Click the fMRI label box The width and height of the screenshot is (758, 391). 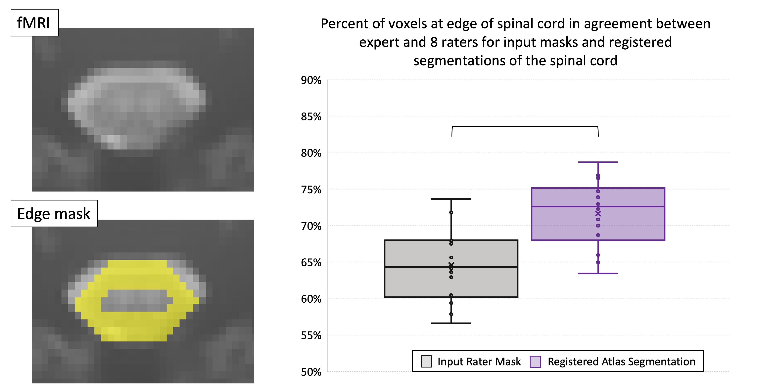34,23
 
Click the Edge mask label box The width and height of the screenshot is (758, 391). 54,214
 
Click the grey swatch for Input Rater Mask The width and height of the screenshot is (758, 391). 426,361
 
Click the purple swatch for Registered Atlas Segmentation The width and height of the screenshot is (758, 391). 535,362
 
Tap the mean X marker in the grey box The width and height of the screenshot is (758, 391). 451,265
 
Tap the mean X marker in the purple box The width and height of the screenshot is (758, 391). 598,213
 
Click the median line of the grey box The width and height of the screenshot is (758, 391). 418,267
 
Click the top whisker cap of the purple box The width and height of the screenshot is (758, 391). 598,162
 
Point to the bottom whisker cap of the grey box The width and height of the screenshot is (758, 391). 451,323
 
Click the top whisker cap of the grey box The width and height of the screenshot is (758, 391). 451,199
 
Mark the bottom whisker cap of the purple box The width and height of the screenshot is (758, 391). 598,273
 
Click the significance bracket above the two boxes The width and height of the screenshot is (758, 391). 525,126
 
